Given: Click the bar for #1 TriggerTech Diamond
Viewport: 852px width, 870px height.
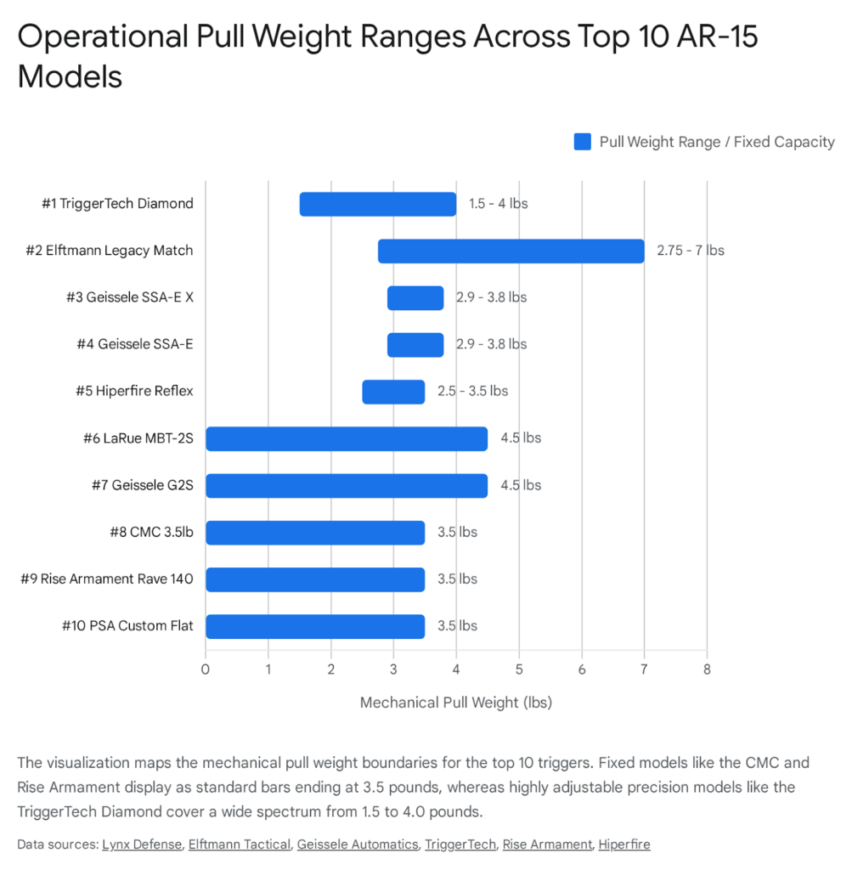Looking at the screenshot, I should coord(378,204).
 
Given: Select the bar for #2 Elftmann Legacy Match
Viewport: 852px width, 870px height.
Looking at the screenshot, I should coord(511,251).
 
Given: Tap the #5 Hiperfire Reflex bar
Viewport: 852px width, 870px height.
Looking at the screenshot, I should coord(393,392).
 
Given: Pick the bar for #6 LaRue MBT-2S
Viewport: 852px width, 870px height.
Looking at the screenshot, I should coord(347,438).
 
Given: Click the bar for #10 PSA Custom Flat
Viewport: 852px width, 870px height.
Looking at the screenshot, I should coord(315,626).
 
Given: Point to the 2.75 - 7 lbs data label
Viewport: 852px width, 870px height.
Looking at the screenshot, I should coord(690,251).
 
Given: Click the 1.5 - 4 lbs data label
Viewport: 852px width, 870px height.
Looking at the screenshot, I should coord(498,204).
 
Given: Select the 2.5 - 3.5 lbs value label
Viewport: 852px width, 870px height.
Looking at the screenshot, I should coord(472,392).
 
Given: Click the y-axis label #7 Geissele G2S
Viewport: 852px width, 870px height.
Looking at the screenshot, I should coord(142,485).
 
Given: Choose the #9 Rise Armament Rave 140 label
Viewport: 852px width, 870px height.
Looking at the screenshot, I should coord(107,579).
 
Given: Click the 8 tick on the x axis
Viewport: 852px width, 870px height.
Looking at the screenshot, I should coord(706,669).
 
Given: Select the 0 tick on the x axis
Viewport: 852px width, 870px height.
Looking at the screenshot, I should coord(206,669).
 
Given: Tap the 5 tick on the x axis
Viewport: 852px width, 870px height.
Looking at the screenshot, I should coord(518,669).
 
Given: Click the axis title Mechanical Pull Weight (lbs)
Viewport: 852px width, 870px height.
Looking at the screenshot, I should coord(456,703).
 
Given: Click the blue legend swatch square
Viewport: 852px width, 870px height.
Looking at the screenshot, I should coord(582,142).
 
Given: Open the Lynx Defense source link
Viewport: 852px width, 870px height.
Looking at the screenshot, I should coord(142,844).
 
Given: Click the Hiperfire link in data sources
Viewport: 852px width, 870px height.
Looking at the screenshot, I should coord(623,844).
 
